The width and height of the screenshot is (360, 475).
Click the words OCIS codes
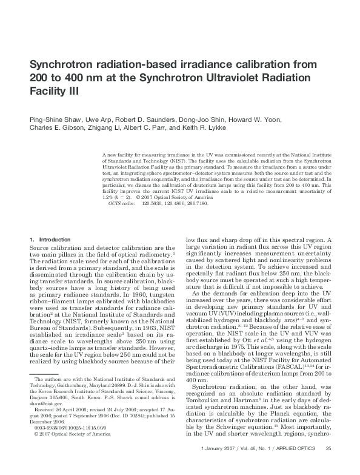(122, 204)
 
